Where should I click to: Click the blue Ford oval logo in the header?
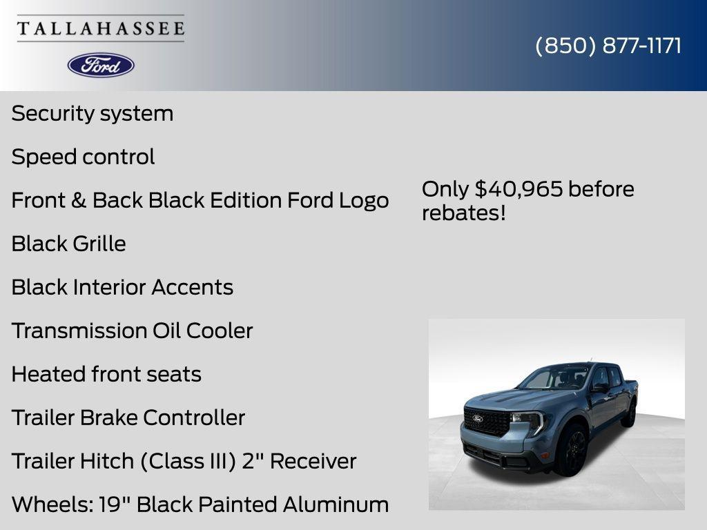pos(101,65)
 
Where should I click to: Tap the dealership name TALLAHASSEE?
pos(101,29)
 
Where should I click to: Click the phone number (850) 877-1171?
pos(608,46)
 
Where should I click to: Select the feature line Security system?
pos(93,113)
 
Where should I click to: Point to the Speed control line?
pos(83,157)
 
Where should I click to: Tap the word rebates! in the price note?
pos(463,213)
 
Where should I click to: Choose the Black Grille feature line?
pos(68,244)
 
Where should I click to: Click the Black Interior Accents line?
pos(122,287)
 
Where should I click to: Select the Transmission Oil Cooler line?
pos(132,331)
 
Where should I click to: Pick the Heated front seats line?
pos(106,374)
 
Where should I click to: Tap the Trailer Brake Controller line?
pos(128,418)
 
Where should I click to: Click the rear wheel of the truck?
pos(628,414)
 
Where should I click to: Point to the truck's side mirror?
pos(599,388)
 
